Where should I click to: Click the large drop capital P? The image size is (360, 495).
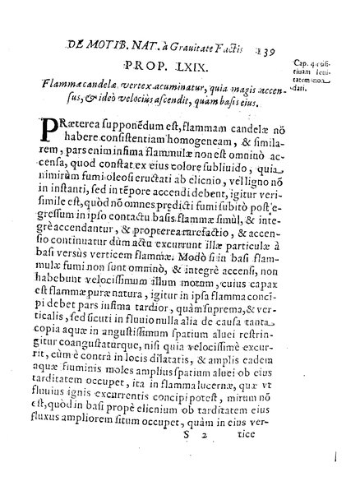(x=69, y=132)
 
